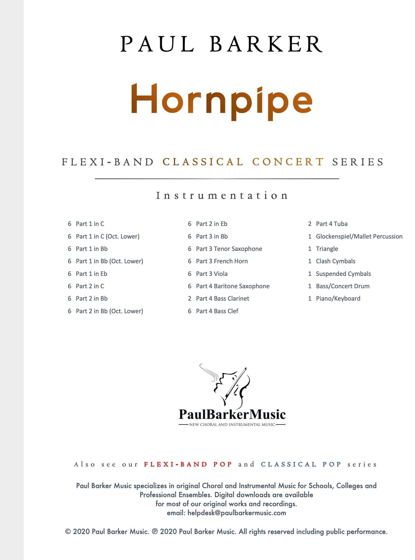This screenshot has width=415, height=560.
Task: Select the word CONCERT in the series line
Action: pyautogui.click(x=288, y=162)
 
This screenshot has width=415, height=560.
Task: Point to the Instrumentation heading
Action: pyautogui.click(x=222, y=196)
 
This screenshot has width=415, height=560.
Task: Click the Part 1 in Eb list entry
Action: pyautogui.click(x=91, y=274)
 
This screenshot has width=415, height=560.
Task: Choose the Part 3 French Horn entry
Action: pyautogui.click(x=222, y=261)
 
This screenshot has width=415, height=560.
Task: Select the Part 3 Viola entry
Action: pyautogui.click(x=212, y=274)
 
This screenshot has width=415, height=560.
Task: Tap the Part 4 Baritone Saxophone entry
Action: pyautogui.click(x=233, y=286)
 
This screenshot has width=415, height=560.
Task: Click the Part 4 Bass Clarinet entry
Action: pyautogui.click(x=223, y=299)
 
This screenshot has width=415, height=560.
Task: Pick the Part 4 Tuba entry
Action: pyautogui.click(x=331, y=224)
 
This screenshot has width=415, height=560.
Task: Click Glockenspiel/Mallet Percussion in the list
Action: pyautogui.click(x=359, y=237)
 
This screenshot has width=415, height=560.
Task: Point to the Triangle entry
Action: pyautogui.click(x=327, y=249)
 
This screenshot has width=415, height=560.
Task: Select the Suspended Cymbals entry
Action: pyautogui.click(x=343, y=274)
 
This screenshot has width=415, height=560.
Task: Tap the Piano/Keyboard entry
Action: pyautogui.click(x=338, y=299)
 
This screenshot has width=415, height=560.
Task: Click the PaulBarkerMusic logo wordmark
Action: pyautogui.click(x=232, y=414)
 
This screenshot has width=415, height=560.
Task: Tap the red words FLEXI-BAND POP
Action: pyautogui.click(x=188, y=464)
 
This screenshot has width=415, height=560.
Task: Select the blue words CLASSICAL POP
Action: pyautogui.click(x=301, y=464)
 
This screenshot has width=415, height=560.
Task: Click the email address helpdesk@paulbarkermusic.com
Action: pyautogui.click(x=237, y=513)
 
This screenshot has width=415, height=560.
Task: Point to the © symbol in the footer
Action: pyautogui.click(x=68, y=532)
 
